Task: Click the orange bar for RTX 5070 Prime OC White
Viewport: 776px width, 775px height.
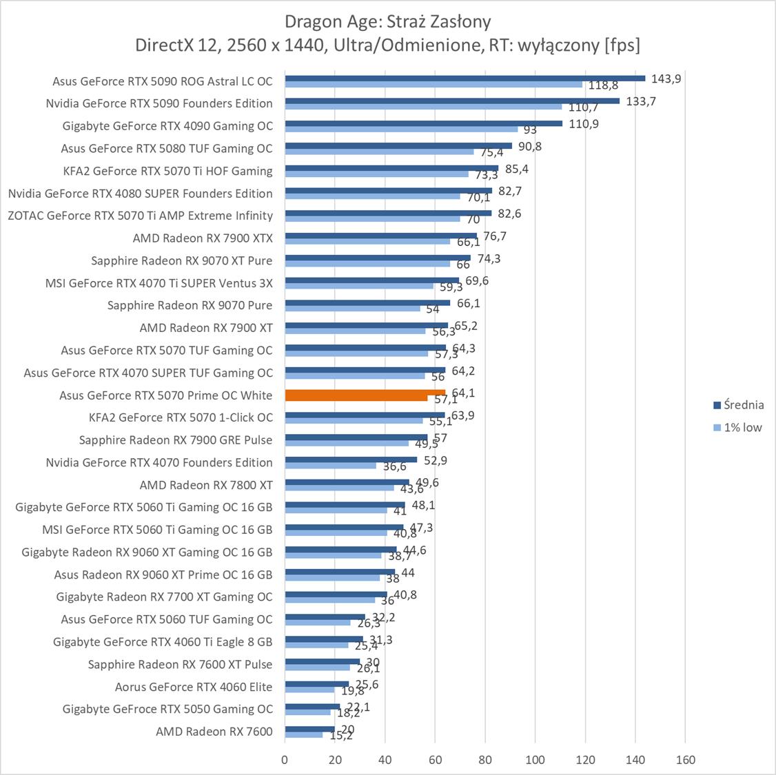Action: coord(365,393)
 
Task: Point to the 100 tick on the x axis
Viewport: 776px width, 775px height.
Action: coord(535,760)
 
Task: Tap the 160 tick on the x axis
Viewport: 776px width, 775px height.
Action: coord(686,760)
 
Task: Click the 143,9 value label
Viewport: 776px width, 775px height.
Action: coord(666,79)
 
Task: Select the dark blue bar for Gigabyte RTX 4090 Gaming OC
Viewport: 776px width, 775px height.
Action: coord(423,123)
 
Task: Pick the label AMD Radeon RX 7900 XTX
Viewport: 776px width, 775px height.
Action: coord(203,238)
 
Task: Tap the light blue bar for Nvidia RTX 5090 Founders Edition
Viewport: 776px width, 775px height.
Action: coord(423,107)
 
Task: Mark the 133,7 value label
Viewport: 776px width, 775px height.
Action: coord(641,101)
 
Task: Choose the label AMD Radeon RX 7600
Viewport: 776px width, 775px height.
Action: coord(214,732)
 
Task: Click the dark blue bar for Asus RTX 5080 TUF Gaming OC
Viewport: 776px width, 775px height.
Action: coord(398,145)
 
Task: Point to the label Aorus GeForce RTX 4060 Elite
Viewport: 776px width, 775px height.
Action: coord(194,687)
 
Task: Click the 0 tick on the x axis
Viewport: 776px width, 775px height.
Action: coord(285,760)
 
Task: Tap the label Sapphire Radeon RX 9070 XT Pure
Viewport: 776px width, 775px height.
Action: coord(181,260)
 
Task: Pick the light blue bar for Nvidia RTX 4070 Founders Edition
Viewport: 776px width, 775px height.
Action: coord(331,466)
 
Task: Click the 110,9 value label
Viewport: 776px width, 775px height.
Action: coord(584,124)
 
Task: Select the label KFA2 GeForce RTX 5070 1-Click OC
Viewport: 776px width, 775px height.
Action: coord(181,417)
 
